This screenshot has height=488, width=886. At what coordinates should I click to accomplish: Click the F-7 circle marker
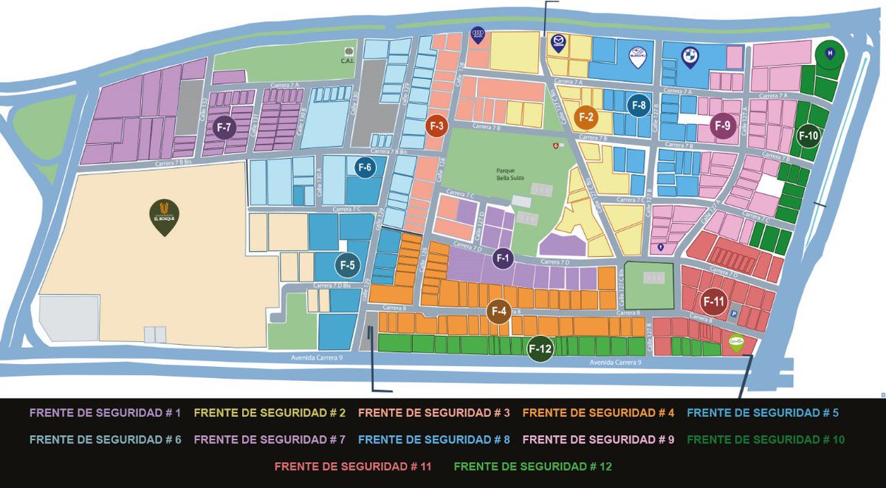coord(224,128)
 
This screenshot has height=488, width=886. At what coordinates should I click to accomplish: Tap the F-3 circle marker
coord(437,126)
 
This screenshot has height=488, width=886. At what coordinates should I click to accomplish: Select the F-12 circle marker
coord(540,350)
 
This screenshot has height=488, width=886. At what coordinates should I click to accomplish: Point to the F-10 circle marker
coord(809,136)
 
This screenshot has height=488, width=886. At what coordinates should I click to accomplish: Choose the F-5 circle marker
coord(348,264)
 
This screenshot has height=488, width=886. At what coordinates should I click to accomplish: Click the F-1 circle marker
coord(504,258)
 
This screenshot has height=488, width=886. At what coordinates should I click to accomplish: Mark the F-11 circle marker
coord(714,301)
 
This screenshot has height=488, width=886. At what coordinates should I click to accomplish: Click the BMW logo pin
coord(690,56)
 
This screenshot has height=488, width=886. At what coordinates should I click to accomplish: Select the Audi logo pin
coord(478,35)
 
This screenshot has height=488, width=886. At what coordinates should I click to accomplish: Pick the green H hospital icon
coord(829,53)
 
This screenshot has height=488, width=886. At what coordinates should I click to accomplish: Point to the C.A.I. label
coord(348,61)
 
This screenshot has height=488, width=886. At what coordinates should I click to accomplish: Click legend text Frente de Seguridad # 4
coord(598,413)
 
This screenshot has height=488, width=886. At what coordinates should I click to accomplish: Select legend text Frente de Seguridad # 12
coord(532,467)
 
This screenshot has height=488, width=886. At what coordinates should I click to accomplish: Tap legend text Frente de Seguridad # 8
coord(434,440)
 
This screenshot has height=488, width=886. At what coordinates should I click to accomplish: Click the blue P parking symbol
coord(734,315)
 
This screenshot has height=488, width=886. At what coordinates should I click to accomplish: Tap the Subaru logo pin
coord(637,56)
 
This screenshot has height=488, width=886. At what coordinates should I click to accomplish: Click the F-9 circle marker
coord(723,126)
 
